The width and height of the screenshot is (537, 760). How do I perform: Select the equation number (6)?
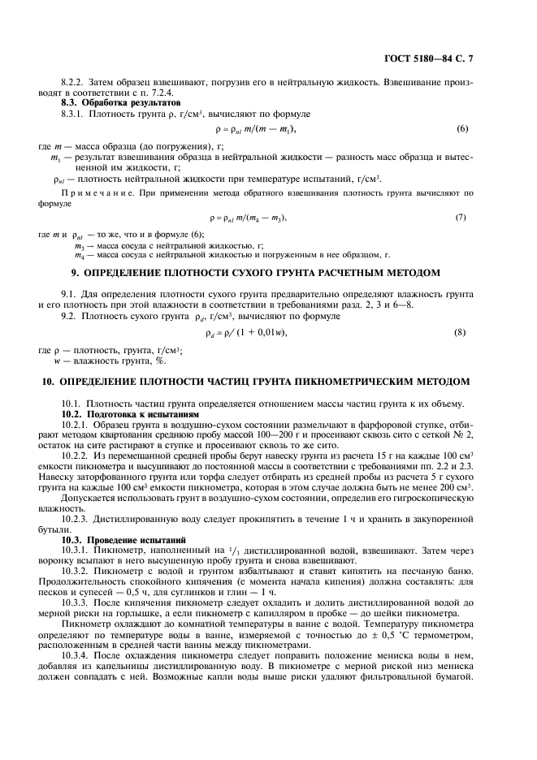click(x=462, y=129)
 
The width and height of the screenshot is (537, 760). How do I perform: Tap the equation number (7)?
click(x=460, y=218)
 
